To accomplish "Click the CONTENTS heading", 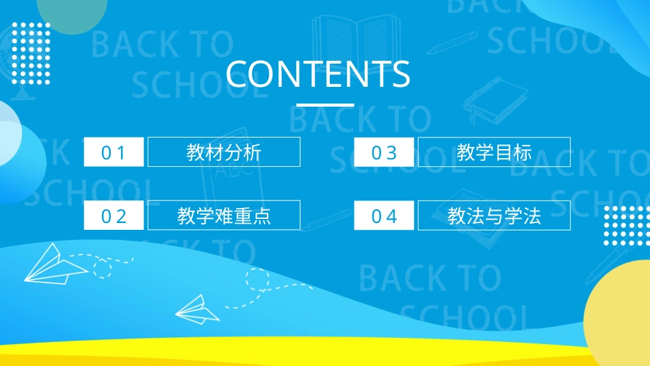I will [x=318, y=75].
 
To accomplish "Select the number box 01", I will [x=114, y=152].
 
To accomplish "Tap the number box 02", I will [x=114, y=216].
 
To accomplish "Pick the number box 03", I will [x=384, y=152].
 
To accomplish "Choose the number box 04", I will [x=384, y=216].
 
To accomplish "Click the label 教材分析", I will [x=224, y=152].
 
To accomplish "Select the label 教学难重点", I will [x=224, y=216].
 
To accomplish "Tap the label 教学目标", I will [x=494, y=152].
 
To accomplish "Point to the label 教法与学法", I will [x=494, y=216].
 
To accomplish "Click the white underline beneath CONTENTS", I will [x=324, y=105].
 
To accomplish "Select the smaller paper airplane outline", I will [x=198, y=309].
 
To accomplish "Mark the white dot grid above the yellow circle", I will [x=625, y=224].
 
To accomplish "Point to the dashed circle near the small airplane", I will [x=258, y=278].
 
